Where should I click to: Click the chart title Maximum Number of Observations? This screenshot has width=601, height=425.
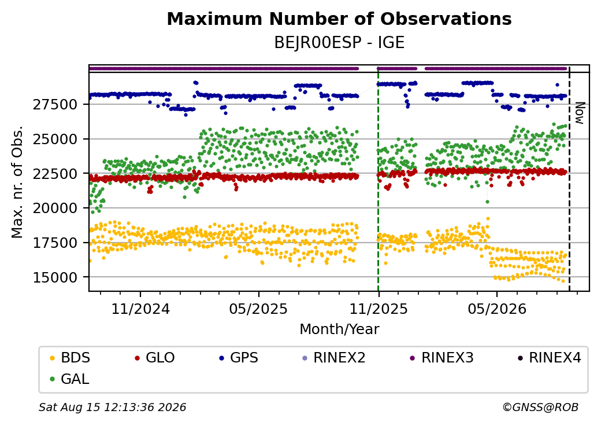(339, 19)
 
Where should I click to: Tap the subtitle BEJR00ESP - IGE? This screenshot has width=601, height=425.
(339, 43)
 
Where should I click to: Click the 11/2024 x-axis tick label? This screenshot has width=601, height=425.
(140, 309)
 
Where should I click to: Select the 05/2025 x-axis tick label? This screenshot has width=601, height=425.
(259, 309)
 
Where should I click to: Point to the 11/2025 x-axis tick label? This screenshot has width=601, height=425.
(379, 309)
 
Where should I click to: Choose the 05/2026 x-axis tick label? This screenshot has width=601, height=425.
(497, 309)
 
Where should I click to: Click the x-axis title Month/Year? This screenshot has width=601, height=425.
(339, 329)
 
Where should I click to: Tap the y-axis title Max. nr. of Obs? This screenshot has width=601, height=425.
(17, 182)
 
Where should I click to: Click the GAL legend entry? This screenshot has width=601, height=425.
(70, 379)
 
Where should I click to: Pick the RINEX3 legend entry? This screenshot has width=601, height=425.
(442, 358)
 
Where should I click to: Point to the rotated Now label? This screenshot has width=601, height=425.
(580, 113)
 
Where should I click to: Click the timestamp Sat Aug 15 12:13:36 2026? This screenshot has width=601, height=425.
(112, 407)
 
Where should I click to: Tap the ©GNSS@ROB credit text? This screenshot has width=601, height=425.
(540, 407)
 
